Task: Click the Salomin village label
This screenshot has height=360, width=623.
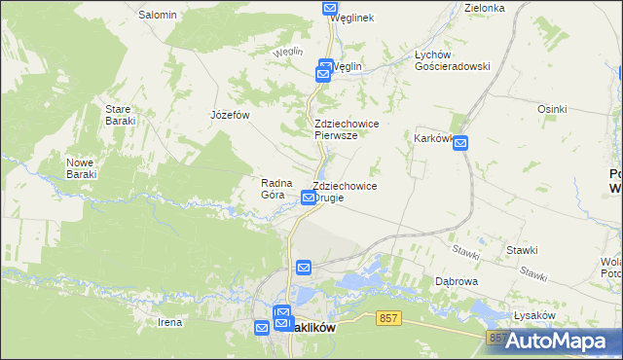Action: tap(158, 15)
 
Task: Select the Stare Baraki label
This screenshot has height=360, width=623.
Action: tap(120, 115)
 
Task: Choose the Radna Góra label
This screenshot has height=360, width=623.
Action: tap(272, 188)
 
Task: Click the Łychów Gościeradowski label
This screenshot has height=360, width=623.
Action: tap(452, 60)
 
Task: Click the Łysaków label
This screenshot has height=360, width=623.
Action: tap(533, 316)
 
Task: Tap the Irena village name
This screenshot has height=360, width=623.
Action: tap(170, 321)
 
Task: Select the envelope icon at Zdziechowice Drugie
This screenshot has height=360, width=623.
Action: tap(309, 198)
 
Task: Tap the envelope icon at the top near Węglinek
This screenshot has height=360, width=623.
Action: tap(329, 8)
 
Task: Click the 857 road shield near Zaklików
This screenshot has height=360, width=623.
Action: tap(389, 318)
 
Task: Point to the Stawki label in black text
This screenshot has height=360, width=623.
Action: tap(522, 250)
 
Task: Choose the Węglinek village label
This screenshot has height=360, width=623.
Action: tap(352, 18)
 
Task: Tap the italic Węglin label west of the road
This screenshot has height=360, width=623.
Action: tap(289, 52)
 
